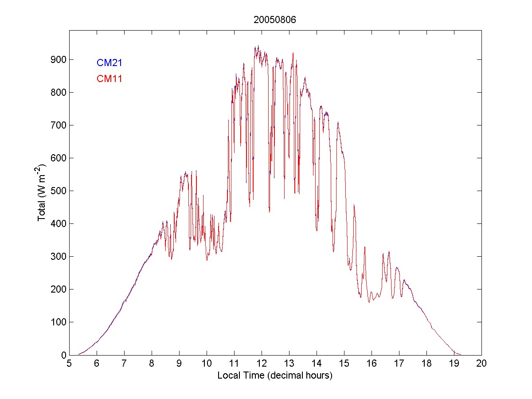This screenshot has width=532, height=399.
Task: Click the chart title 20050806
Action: point(275,20)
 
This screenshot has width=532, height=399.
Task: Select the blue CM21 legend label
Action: point(110,63)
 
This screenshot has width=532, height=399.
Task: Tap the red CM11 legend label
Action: point(110,79)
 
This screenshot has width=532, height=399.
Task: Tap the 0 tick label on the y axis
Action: point(63,355)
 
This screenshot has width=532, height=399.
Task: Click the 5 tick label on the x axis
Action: point(69,363)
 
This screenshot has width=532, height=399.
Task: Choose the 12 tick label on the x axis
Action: point(262,363)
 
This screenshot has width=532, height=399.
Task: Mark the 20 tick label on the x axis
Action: point(481,363)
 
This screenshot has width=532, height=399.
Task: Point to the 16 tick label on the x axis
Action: point(372,363)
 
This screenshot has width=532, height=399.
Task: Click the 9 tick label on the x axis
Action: point(179,363)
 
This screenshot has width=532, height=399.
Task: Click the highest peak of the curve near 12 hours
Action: point(258,46)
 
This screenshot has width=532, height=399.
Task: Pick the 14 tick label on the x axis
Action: point(317,363)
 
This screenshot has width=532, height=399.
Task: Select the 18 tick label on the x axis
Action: point(426,363)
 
